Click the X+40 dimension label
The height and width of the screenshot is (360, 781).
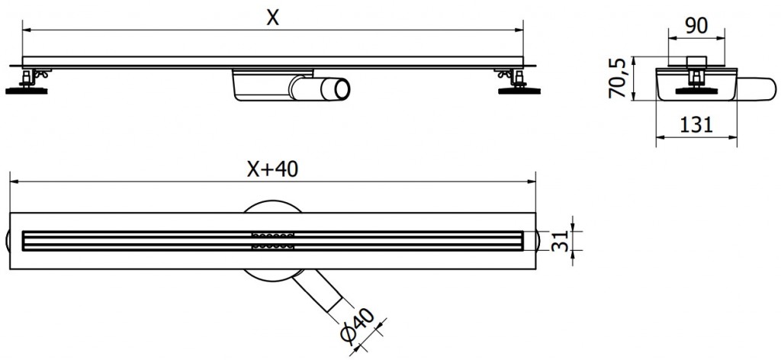tap(272, 170)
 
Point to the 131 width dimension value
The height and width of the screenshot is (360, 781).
tap(696, 125)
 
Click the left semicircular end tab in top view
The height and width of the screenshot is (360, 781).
tap(9, 240)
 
